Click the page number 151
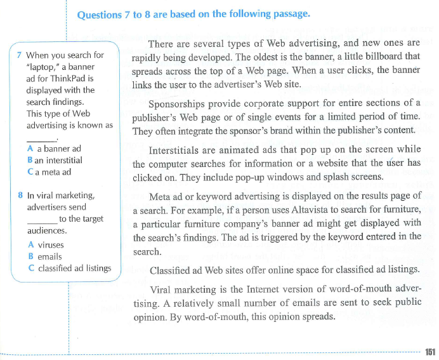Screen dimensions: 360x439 click(x=430, y=352)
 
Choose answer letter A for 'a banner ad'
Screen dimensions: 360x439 click(x=30, y=149)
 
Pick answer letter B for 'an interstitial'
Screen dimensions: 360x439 click(x=30, y=160)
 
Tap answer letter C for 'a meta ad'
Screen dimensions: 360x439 click(x=30, y=171)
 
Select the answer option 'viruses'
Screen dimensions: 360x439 click(x=50, y=244)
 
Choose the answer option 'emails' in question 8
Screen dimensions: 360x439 click(x=49, y=257)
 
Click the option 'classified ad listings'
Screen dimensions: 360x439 click(x=74, y=268)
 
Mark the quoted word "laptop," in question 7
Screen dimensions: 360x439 click(x=42, y=67)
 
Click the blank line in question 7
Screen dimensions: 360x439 click(x=41, y=138)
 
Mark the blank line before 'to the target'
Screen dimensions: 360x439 click(x=41, y=220)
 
